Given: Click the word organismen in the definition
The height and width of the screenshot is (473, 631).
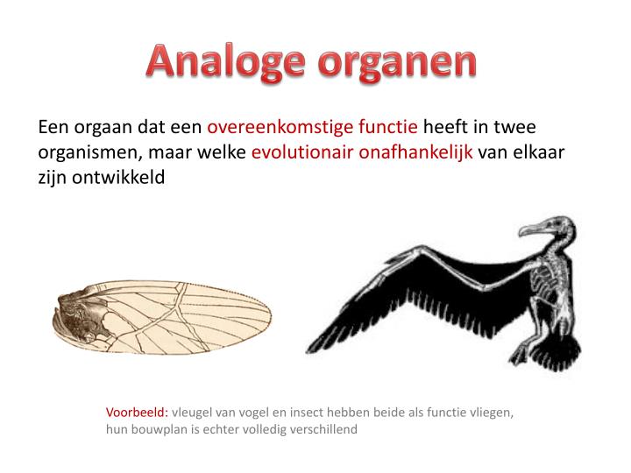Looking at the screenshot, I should [x=86, y=152].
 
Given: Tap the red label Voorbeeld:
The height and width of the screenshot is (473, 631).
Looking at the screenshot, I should [x=137, y=412].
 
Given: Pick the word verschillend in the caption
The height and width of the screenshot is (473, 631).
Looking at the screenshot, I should [x=323, y=430].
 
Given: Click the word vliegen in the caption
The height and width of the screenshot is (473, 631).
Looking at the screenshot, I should [x=491, y=412].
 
